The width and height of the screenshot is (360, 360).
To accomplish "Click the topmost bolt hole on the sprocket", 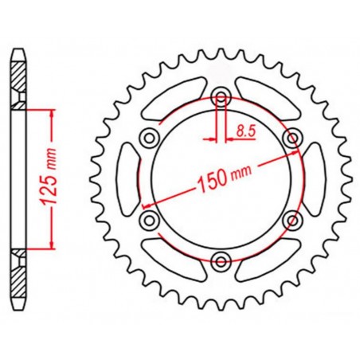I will click(x=221, y=99).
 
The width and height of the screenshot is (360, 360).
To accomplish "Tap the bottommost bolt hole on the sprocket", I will click(x=221, y=256).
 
